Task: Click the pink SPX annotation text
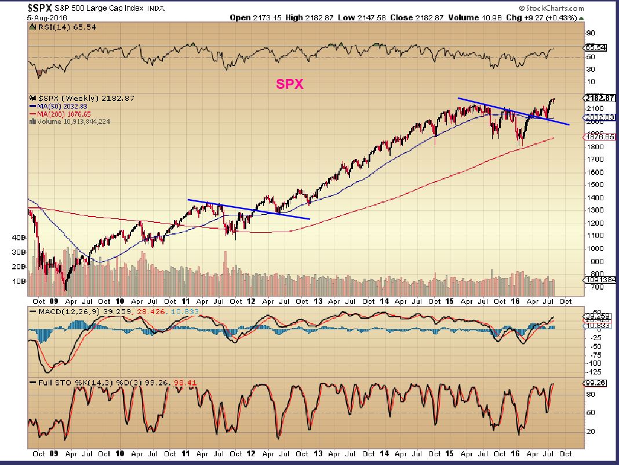coord(289,84)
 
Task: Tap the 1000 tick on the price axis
coord(592,248)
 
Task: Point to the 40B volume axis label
coord(19,238)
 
